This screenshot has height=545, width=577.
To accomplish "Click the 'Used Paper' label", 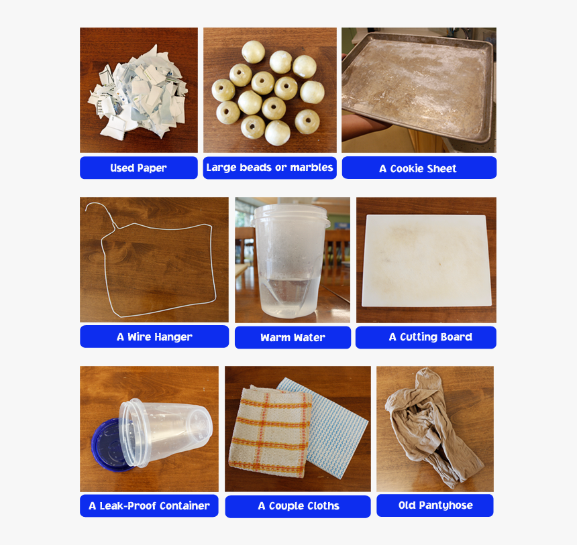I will tap(138, 168).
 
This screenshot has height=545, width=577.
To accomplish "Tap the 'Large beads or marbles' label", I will tap(270, 168).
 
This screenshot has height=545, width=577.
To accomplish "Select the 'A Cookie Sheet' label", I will tap(419, 168).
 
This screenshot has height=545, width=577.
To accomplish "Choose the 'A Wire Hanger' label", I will tap(154, 337).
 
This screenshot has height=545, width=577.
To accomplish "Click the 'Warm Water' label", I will tap(293, 338).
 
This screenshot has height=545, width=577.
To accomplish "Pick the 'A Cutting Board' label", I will tap(426, 337).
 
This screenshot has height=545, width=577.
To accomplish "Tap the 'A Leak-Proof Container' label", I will tap(149, 506).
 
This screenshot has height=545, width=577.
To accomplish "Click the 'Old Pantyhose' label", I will tap(435, 505).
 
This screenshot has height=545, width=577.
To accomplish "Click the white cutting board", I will tap(426, 260).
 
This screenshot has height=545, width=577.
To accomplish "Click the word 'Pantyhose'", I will tap(445, 505).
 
